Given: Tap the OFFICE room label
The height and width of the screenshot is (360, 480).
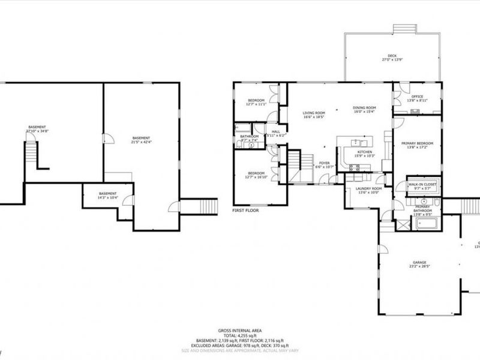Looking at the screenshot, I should (417, 97).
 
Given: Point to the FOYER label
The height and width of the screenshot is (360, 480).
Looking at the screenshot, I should (324, 163).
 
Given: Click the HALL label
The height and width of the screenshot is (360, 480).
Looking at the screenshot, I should (276, 131).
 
